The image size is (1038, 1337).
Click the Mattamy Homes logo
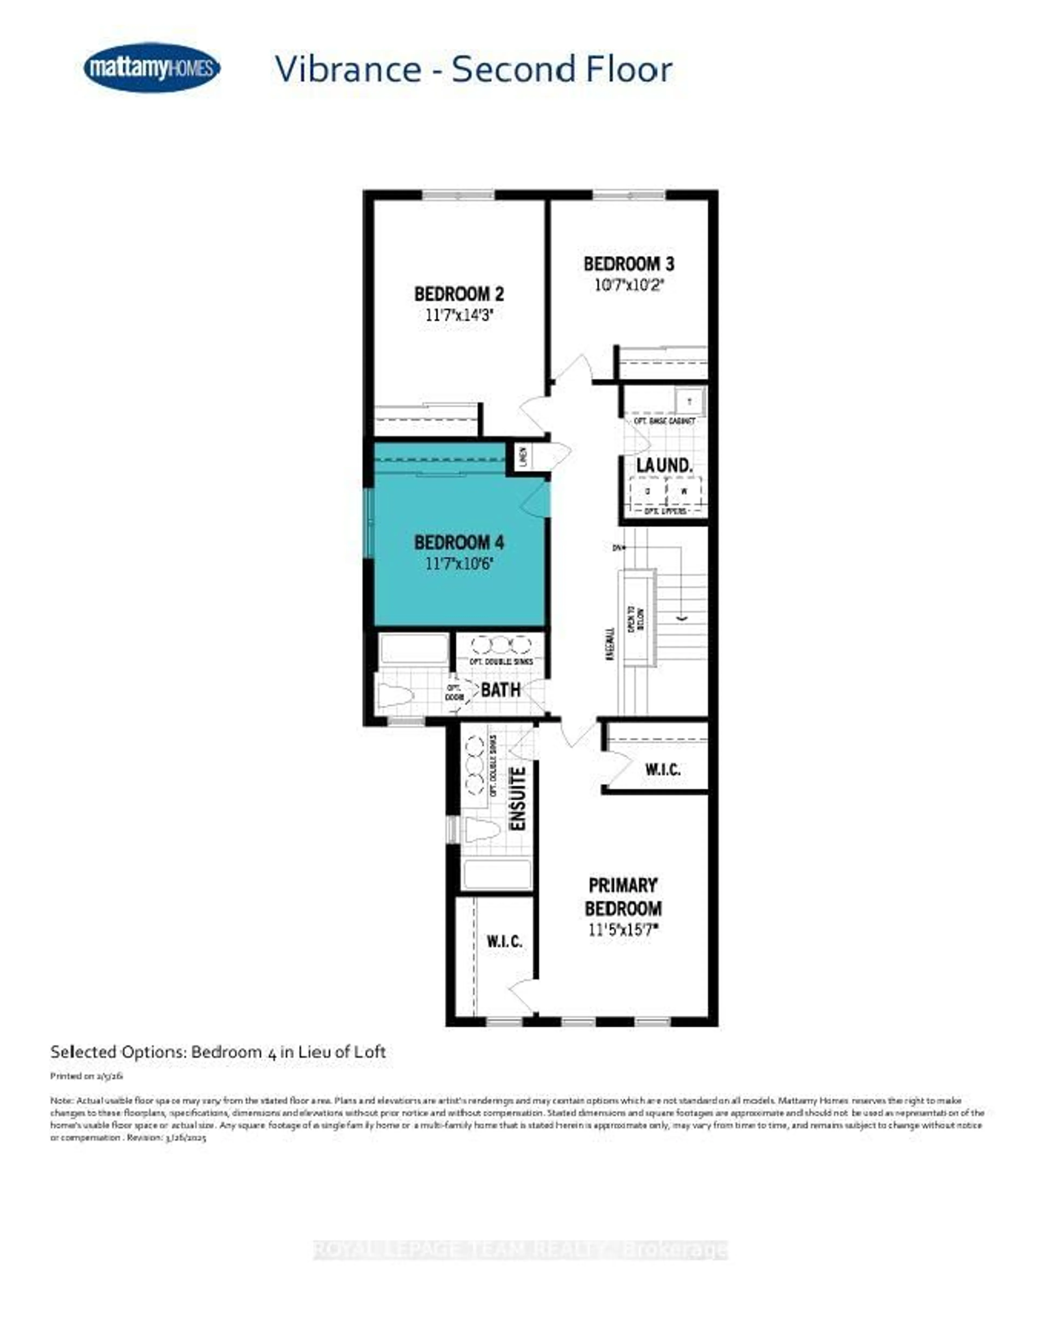pos(152,67)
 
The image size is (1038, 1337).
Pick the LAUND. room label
pos(664,465)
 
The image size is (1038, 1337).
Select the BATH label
pos(500,690)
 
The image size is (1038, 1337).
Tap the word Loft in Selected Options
pos(371,1052)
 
